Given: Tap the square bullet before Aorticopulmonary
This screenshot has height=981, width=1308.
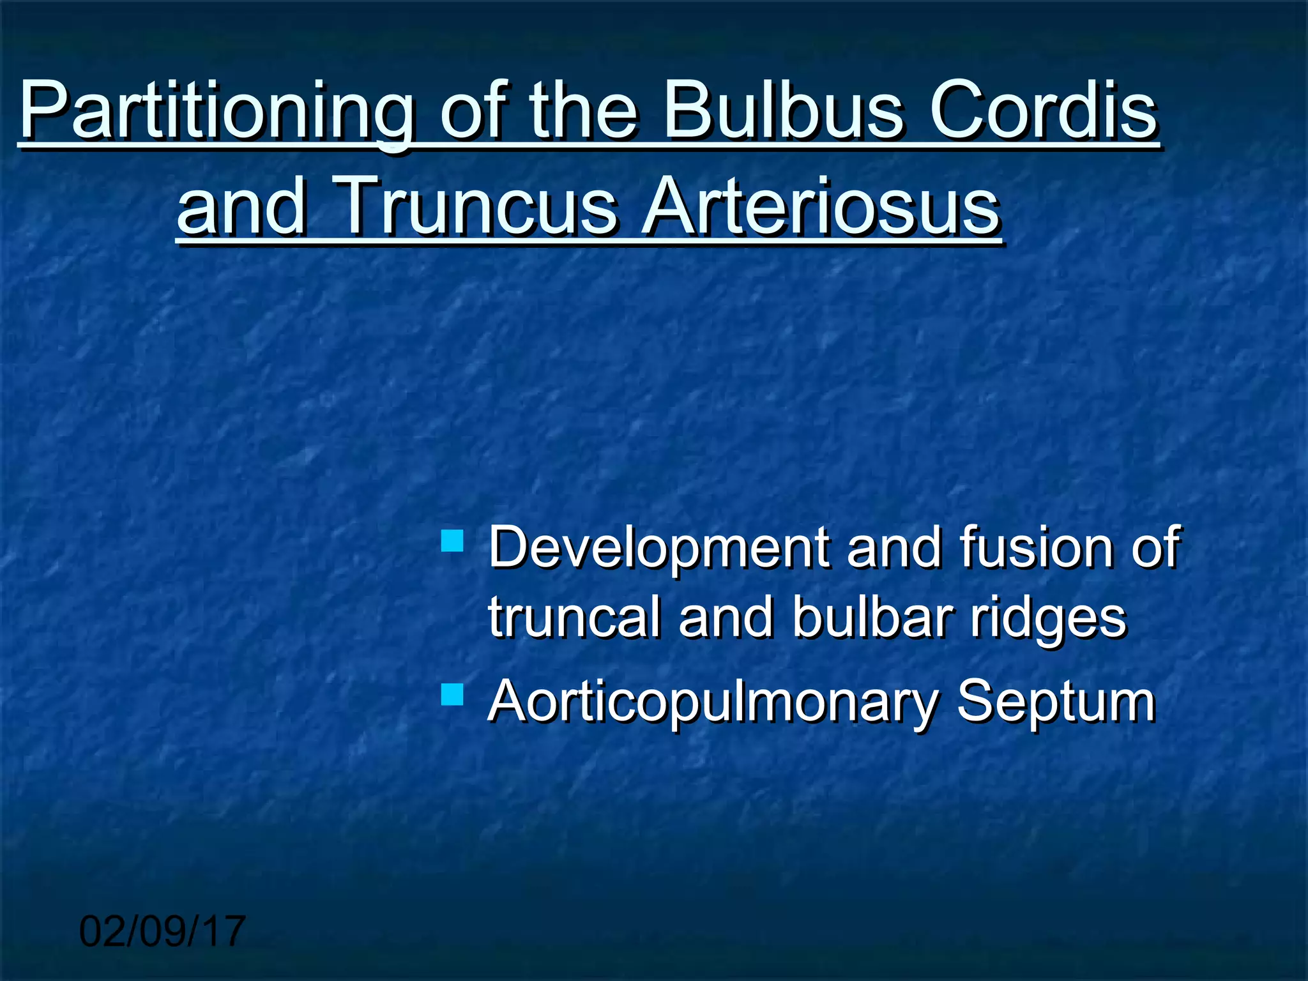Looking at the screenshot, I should (x=452, y=694).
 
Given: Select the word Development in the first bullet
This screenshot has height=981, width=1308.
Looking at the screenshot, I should (x=658, y=548).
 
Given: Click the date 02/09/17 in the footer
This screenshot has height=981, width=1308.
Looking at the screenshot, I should (x=162, y=931).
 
